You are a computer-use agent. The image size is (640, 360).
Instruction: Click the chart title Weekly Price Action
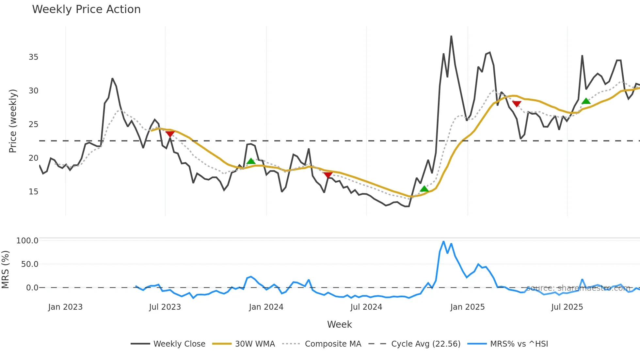[x=86, y=9]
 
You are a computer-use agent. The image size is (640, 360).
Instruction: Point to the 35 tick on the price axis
[x=33, y=57]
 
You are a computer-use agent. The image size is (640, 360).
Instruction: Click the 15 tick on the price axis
[x=33, y=192]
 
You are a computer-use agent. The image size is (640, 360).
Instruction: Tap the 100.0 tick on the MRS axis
[x=27, y=241]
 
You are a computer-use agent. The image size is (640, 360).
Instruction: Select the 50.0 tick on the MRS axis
[x=30, y=264]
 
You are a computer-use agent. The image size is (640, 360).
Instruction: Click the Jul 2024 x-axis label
[x=366, y=307]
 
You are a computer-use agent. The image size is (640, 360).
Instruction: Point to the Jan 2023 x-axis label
[x=65, y=307]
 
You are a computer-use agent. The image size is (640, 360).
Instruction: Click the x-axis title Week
[x=339, y=324]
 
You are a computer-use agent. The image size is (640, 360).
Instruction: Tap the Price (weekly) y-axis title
[x=13, y=121]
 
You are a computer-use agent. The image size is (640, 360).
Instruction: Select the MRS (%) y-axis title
[x=5, y=270]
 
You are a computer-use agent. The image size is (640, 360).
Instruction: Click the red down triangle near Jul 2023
[x=170, y=134]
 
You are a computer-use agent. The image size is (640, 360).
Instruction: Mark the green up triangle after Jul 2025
[x=586, y=101]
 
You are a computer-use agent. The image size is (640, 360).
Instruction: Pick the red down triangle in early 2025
[x=517, y=104]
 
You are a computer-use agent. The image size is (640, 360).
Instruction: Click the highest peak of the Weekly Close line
[x=451, y=36]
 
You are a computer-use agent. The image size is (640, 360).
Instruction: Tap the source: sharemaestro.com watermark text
[x=578, y=288]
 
